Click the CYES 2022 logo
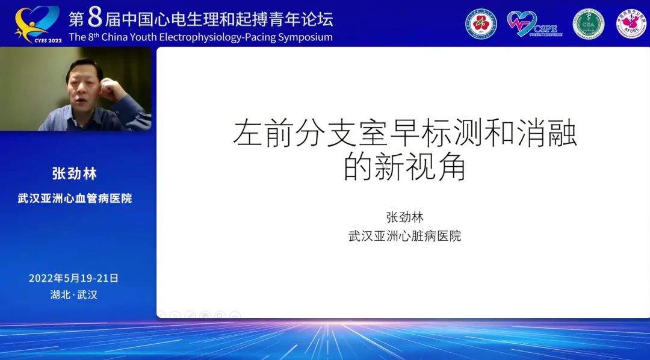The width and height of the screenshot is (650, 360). tap(37, 23)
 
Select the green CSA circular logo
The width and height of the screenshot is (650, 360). tap(587, 24)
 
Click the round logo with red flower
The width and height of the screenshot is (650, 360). tap(481, 24)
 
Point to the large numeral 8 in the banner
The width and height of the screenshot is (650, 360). tap(95, 18)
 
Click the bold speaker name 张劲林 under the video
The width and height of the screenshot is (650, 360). tap(75, 174)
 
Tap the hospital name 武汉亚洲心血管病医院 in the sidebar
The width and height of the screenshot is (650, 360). tap(75, 198)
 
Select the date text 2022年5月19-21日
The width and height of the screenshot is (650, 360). tap(73, 278)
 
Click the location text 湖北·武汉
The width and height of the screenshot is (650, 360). tap(73, 295)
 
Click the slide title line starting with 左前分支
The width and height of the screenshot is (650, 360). tap(404, 135)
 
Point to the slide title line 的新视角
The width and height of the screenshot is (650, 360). tap(404, 167)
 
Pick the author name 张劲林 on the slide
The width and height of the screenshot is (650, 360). tap(404, 217)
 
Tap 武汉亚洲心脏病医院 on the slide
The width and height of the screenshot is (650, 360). tap(404, 236)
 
